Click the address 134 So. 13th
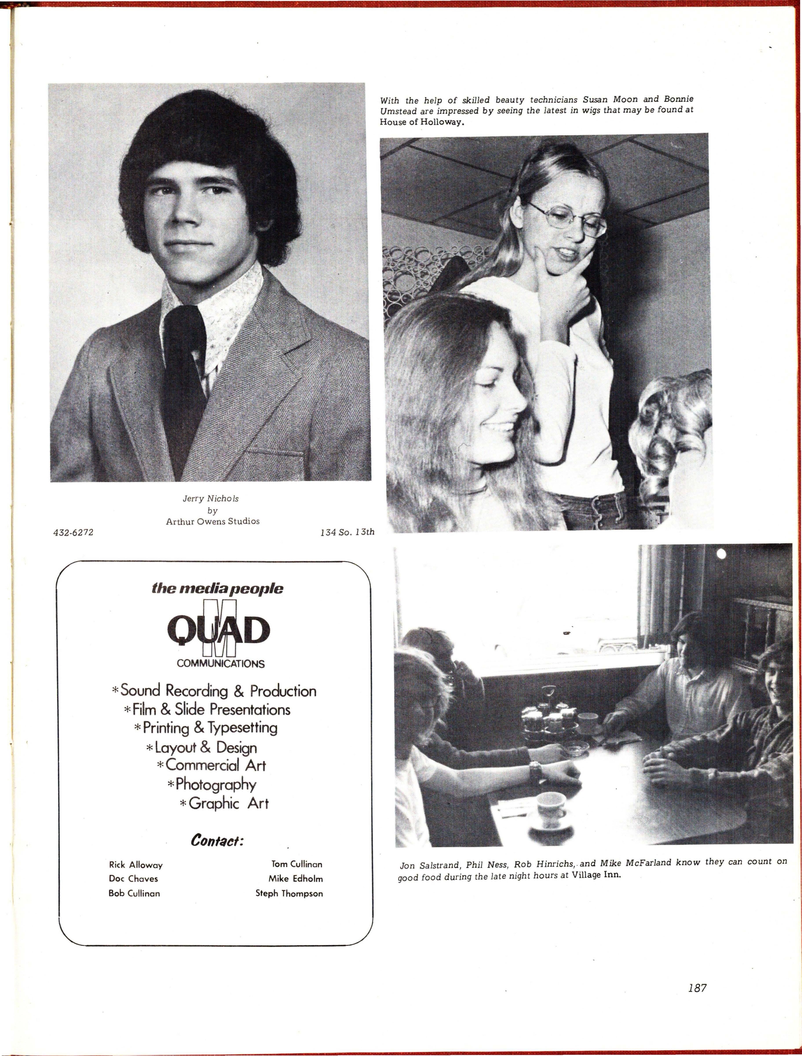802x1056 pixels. pyautogui.click(x=347, y=532)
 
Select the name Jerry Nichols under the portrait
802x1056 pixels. pyautogui.click(x=211, y=498)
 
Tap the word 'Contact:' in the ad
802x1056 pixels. pyautogui.click(x=217, y=840)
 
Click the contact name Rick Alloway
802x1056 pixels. pyautogui.click(x=136, y=865)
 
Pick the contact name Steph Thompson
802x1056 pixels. pyautogui.click(x=289, y=893)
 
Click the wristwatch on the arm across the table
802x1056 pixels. pyautogui.click(x=535, y=769)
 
